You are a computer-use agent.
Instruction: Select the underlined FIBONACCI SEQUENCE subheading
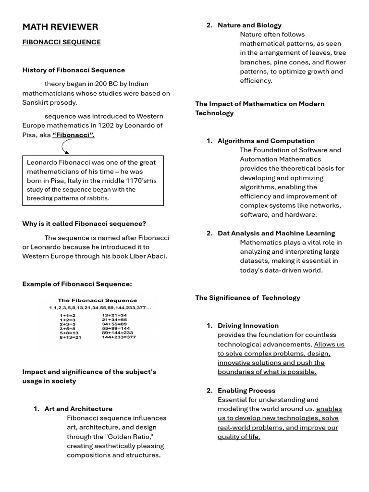point(61,42)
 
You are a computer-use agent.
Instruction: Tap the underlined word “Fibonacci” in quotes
point(73,135)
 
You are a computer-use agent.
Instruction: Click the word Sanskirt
point(37,102)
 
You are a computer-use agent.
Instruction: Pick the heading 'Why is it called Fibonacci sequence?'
point(84,224)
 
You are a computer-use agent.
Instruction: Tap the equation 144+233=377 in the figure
point(119,337)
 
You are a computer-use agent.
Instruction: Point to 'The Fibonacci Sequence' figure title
point(98,300)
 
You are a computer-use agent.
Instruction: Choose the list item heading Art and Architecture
point(78,409)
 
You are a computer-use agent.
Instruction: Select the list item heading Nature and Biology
point(249,25)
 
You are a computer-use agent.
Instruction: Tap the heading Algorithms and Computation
point(266,141)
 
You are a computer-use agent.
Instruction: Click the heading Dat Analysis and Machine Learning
point(276,233)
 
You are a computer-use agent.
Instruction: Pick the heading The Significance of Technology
point(247,298)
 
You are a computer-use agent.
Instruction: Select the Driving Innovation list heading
point(248,326)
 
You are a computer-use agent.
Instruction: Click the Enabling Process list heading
point(246,391)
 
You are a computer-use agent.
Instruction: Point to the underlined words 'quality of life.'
point(239,437)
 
